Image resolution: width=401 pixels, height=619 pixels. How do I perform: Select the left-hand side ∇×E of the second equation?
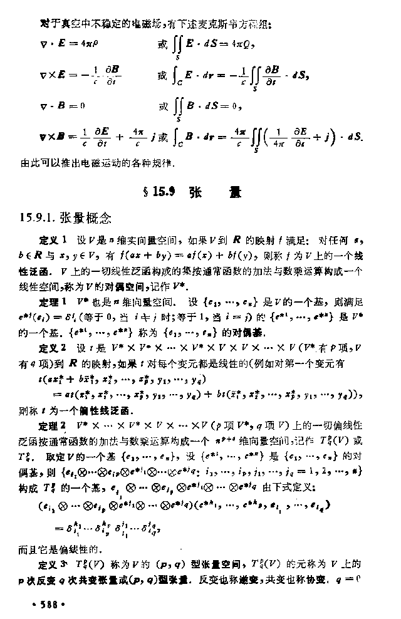coord(51,75)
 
